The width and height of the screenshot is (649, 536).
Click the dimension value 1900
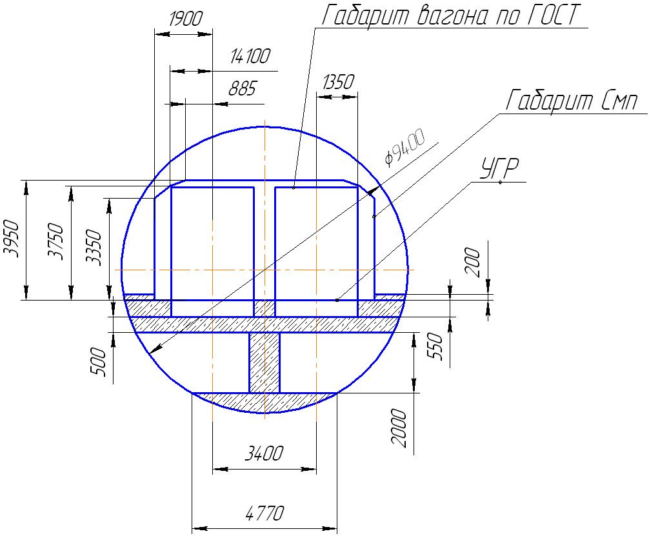(x=186, y=19)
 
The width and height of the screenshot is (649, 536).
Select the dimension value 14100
(x=250, y=56)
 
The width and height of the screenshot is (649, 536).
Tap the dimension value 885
(x=243, y=88)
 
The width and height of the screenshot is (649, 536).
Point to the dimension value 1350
(x=339, y=83)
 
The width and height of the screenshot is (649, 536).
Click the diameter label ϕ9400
(x=404, y=147)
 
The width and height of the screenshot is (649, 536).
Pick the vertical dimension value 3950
(x=11, y=239)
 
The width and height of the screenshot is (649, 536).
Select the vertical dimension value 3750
(x=56, y=241)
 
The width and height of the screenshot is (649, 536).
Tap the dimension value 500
(x=99, y=362)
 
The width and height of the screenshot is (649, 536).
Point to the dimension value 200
(x=473, y=262)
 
